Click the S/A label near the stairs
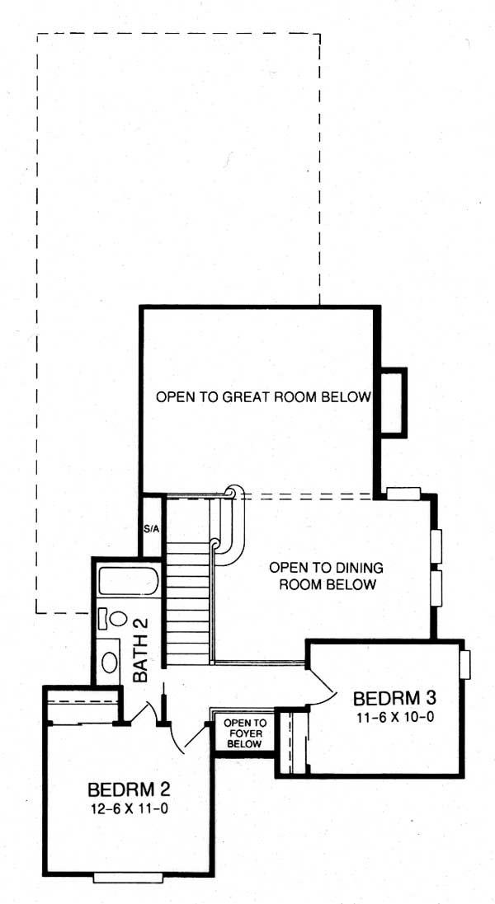pyautogui.click(x=151, y=528)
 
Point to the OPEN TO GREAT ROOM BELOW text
pyautogui.click(x=263, y=397)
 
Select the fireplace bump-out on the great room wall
pyautogui.click(x=393, y=401)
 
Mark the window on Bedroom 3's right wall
pyautogui.click(x=465, y=664)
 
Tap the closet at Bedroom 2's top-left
pyautogui.click(x=82, y=705)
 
